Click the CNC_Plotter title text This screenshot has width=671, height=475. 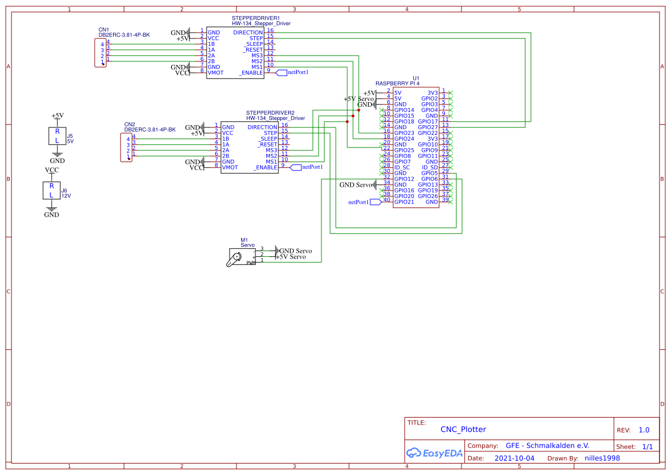(463, 429)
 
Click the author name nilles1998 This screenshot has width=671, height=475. (602, 458)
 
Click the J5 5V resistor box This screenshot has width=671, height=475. (57, 136)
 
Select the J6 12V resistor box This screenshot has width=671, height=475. (51, 190)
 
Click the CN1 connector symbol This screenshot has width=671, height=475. (101, 53)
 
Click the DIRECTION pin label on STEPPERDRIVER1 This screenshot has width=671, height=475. (248, 33)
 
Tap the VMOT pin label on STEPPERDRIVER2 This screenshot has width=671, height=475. (230, 168)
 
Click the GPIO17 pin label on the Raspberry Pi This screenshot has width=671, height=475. (428, 122)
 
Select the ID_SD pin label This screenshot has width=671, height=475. (430, 168)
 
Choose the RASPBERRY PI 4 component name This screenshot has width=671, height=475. (397, 84)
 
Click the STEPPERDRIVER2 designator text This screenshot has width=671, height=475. (270, 113)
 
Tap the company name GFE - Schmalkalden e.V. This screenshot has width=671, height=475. (547, 446)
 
